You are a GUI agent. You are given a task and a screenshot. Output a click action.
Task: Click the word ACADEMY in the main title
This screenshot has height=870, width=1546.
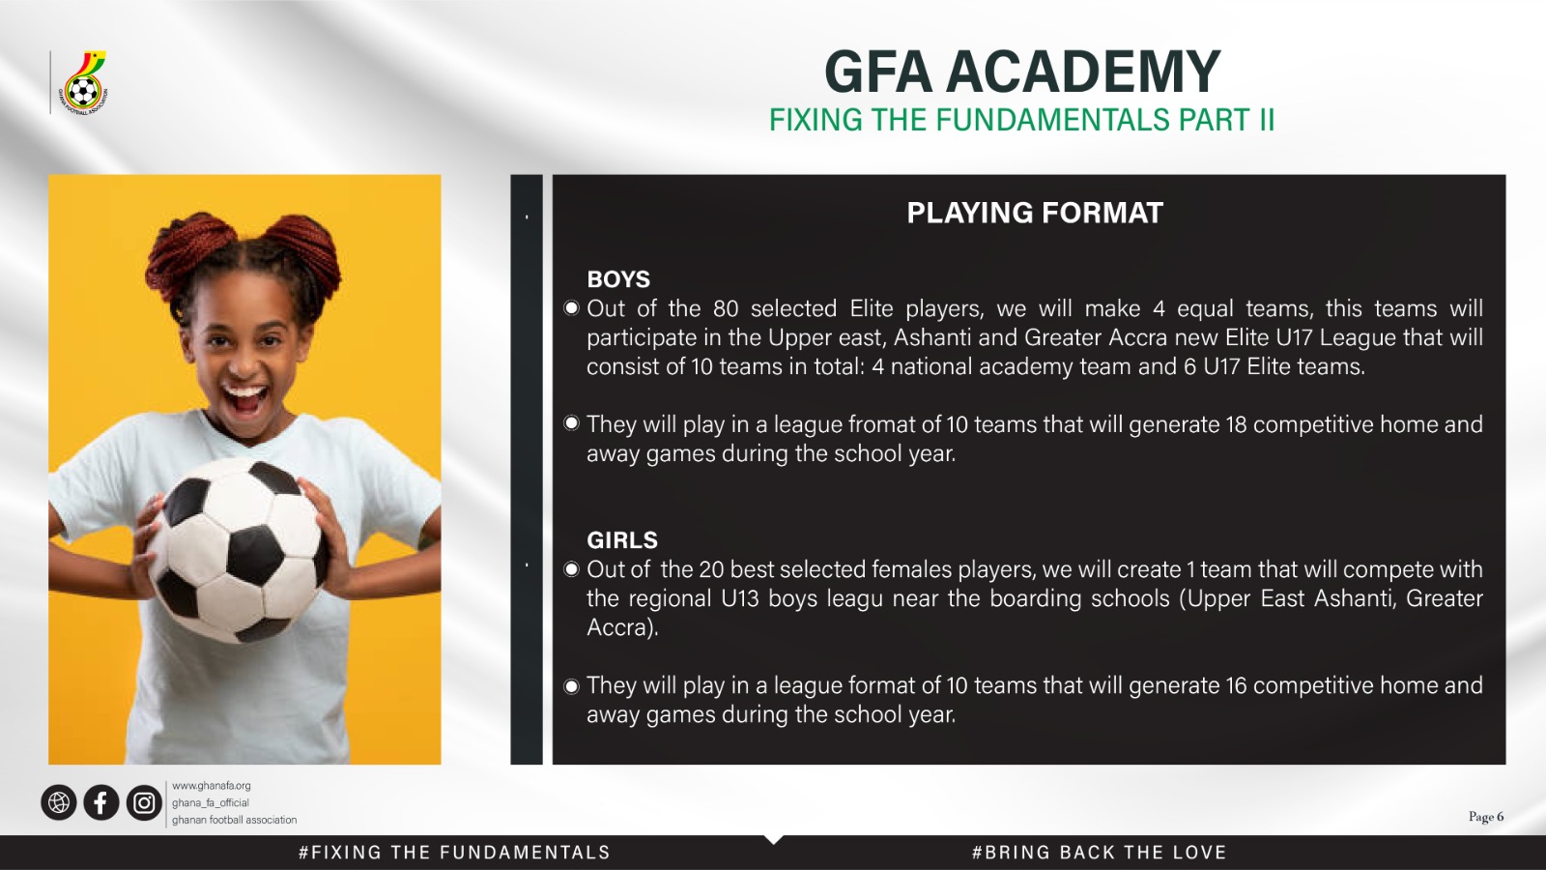[1083, 72]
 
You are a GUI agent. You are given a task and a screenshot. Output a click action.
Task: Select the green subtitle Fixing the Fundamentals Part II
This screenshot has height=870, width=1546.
[1021, 120]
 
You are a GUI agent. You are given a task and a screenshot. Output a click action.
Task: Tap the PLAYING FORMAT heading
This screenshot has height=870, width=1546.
[1035, 213]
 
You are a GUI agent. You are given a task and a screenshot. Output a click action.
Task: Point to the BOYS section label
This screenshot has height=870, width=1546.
[618, 279]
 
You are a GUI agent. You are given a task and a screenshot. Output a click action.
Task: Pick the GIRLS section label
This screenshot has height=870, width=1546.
[622, 540]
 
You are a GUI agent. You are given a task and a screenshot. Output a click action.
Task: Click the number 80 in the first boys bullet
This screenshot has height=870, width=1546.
[726, 308]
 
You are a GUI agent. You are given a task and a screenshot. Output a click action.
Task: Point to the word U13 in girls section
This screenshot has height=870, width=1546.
[740, 598]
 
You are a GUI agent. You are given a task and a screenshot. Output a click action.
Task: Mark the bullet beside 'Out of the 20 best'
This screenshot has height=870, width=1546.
[571, 569]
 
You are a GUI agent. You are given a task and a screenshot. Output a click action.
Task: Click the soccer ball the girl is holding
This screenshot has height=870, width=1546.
[237, 550]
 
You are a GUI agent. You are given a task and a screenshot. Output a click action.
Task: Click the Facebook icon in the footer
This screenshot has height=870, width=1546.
[100, 802]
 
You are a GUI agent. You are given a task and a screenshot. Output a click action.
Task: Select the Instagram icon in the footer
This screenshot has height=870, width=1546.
[144, 802]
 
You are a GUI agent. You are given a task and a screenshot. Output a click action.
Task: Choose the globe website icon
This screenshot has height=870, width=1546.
[59, 802]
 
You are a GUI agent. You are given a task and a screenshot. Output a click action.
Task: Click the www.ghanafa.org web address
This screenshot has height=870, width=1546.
[212, 786]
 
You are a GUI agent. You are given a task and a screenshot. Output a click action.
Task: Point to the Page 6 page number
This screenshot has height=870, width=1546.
[1486, 817]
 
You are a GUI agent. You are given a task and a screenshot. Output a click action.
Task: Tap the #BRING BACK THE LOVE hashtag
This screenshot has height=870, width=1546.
[1099, 853]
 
